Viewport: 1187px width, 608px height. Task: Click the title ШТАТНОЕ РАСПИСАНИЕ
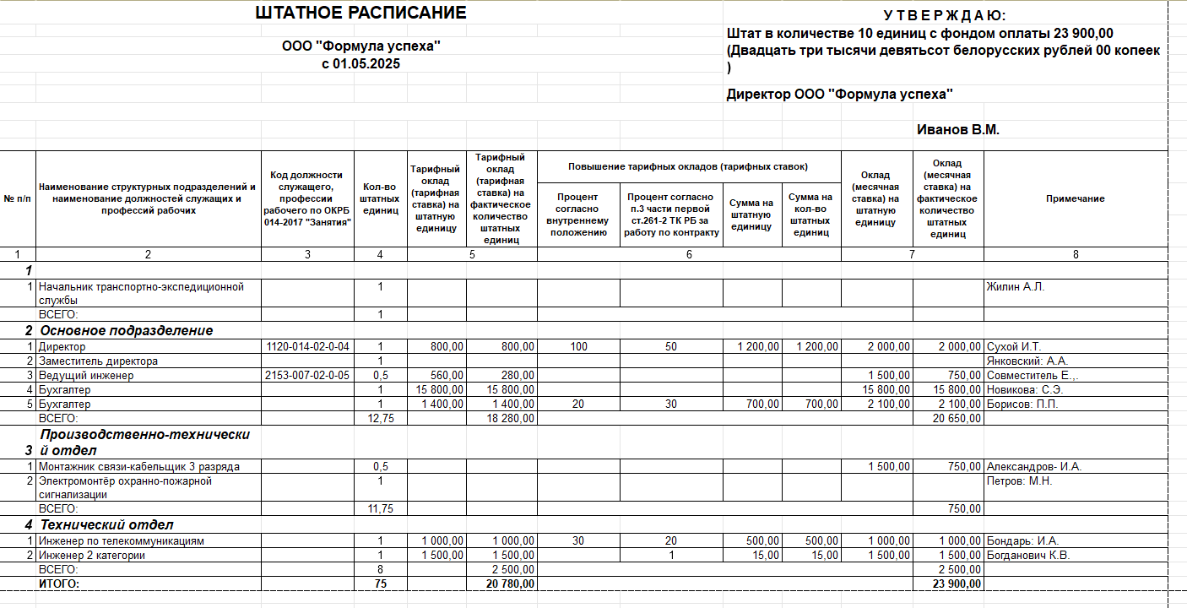[x=360, y=13]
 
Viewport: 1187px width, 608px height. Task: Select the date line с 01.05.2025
[x=360, y=64]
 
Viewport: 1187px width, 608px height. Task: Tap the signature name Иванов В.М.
[x=957, y=130]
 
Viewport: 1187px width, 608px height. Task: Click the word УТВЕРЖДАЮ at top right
[x=944, y=16]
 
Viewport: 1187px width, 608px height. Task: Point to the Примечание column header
[x=1075, y=199]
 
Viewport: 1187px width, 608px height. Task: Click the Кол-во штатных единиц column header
[x=380, y=199]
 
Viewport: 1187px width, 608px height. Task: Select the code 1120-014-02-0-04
[x=307, y=347]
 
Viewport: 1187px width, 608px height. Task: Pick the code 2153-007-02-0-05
[x=307, y=376]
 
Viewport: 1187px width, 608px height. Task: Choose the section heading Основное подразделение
[x=127, y=330]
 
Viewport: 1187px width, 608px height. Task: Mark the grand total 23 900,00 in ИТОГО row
[x=957, y=584]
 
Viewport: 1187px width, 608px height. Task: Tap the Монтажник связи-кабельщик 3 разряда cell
[x=139, y=467]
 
